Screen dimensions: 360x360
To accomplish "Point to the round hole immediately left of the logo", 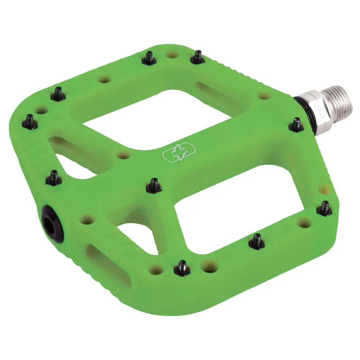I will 123,155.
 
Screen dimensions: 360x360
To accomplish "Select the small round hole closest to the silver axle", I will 265,95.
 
